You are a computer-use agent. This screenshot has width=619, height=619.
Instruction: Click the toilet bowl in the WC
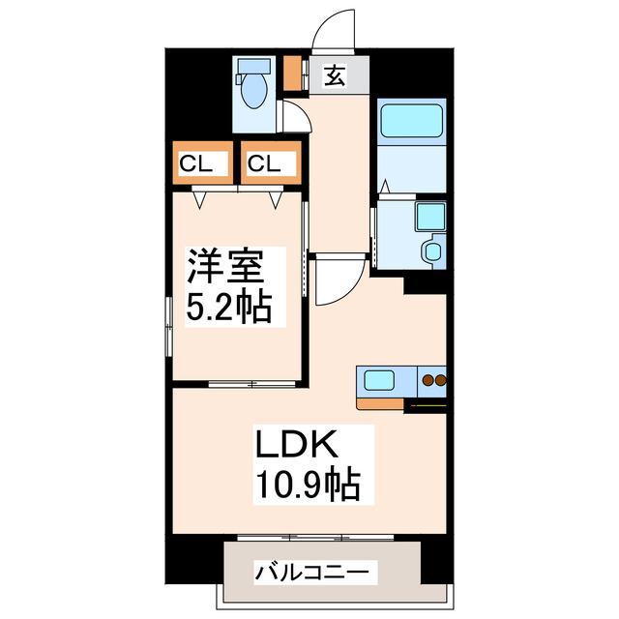pos(254,92)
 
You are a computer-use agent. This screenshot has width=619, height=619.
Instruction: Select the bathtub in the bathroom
pos(409,122)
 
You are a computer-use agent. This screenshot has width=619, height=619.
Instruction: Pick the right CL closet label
pos(263,163)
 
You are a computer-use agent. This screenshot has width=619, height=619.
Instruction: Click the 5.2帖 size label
pos(223,309)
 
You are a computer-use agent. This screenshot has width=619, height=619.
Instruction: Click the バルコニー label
pos(311,572)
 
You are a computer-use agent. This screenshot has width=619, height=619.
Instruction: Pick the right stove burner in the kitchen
pos(440,380)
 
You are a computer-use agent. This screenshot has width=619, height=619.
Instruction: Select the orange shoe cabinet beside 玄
pos(292,74)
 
